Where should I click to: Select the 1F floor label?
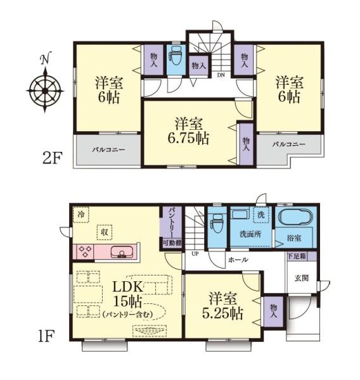46,336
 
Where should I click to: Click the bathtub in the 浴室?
295,217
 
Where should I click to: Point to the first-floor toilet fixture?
217,224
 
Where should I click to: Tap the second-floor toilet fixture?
176,56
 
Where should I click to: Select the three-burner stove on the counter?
86,251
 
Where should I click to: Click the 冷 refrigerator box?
80,214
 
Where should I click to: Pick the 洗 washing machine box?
261,215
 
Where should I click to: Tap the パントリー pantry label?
172,222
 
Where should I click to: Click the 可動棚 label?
172,243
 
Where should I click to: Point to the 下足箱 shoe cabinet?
297,256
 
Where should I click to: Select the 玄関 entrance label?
302,278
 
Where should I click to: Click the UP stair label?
195,254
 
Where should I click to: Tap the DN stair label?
221,75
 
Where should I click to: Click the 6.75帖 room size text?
188,138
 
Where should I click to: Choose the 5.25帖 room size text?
222,313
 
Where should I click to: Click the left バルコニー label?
108,149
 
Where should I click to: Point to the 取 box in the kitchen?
105,232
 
